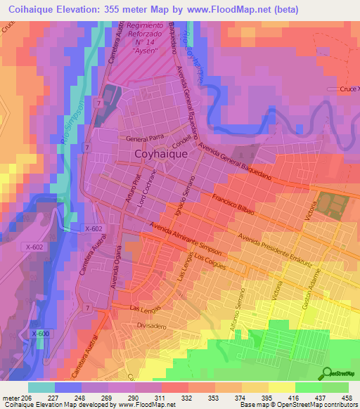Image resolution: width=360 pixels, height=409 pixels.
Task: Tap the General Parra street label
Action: [145, 138]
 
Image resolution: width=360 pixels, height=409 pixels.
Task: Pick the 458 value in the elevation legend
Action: [347, 398]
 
